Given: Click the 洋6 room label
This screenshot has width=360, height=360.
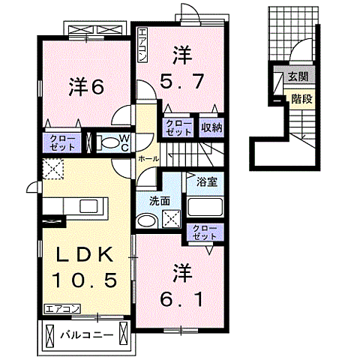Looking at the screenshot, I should tap(86, 86).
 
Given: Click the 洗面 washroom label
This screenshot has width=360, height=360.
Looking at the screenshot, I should tap(159, 200).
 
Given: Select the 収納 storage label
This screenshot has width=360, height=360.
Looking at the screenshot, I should tap(211, 127).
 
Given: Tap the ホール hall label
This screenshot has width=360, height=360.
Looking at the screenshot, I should tap(147, 160).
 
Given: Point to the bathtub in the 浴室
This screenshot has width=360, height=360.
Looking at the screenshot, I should tap(206, 208).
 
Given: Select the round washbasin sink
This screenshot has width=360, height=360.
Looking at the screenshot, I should tap(146, 220).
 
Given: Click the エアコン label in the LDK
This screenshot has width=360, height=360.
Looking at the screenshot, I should tap(61, 308).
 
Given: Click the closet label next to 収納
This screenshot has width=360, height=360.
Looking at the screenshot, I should tap(178, 127).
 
